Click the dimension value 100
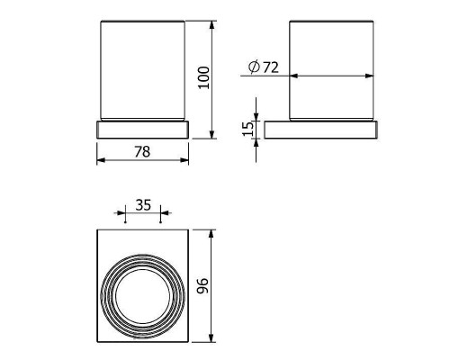[203, 77]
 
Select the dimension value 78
[142, 151]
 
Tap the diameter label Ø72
[264, 67]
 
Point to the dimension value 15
[247, 129]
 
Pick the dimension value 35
[143, 205]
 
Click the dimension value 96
[202, 285]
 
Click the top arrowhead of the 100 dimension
[211, 24]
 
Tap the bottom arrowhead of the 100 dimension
[211, 135]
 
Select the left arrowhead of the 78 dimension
[101, 160]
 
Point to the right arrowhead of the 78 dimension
[184, 160]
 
